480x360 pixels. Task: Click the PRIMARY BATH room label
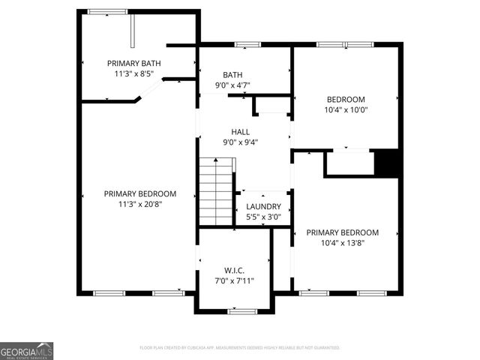point(134,64)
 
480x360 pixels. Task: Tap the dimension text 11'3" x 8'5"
point(134,74)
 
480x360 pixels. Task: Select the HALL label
point(240,132)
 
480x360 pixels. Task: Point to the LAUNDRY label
point(263,207)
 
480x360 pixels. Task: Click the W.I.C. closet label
point(234,270)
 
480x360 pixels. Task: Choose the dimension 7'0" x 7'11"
point(234,280)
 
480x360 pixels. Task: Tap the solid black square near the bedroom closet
point(385,163)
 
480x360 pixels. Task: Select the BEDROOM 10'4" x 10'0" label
point(346,100)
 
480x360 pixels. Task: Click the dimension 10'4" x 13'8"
point(342,243)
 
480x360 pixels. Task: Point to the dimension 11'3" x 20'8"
point(140,204)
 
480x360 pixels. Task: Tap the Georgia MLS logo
point(27,351)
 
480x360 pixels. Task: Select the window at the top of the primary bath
point(107,12)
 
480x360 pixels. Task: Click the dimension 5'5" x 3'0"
point(263,217)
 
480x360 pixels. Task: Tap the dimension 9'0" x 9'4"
point(240,142)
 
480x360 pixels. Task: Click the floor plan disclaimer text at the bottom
point(240,348)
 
